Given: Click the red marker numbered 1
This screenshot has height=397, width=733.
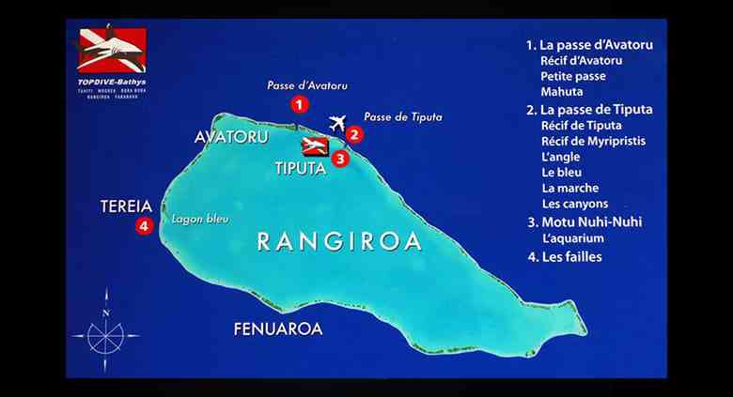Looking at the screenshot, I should tap(298, 104).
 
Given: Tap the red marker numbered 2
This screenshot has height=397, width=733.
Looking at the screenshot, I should tap(353, 134).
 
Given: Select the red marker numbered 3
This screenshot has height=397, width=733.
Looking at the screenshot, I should tap(340, 159).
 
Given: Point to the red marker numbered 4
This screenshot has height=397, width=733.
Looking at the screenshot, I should tap(143, 225).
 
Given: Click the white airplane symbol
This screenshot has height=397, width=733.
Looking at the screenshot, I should tap(337, 123).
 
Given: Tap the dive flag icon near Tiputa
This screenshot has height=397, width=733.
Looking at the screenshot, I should tap(314, 146).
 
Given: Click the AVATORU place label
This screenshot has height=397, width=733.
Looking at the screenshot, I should tap(231, 137).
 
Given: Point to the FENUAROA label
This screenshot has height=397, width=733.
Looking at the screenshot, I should tap(277, 328).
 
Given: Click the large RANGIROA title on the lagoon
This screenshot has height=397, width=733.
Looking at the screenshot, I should tap(338, 241).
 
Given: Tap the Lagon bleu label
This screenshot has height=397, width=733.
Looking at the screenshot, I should tap(195, 222).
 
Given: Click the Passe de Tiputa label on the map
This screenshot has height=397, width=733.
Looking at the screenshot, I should tap(402, 116).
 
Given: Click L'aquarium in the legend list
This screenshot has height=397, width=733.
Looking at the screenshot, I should tap(572, 238).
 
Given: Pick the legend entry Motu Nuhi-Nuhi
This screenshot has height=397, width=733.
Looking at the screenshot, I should tap(590, 222).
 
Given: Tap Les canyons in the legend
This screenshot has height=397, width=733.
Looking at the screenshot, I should tap(574, 204).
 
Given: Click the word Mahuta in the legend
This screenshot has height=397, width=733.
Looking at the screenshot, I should tap(562, 92).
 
